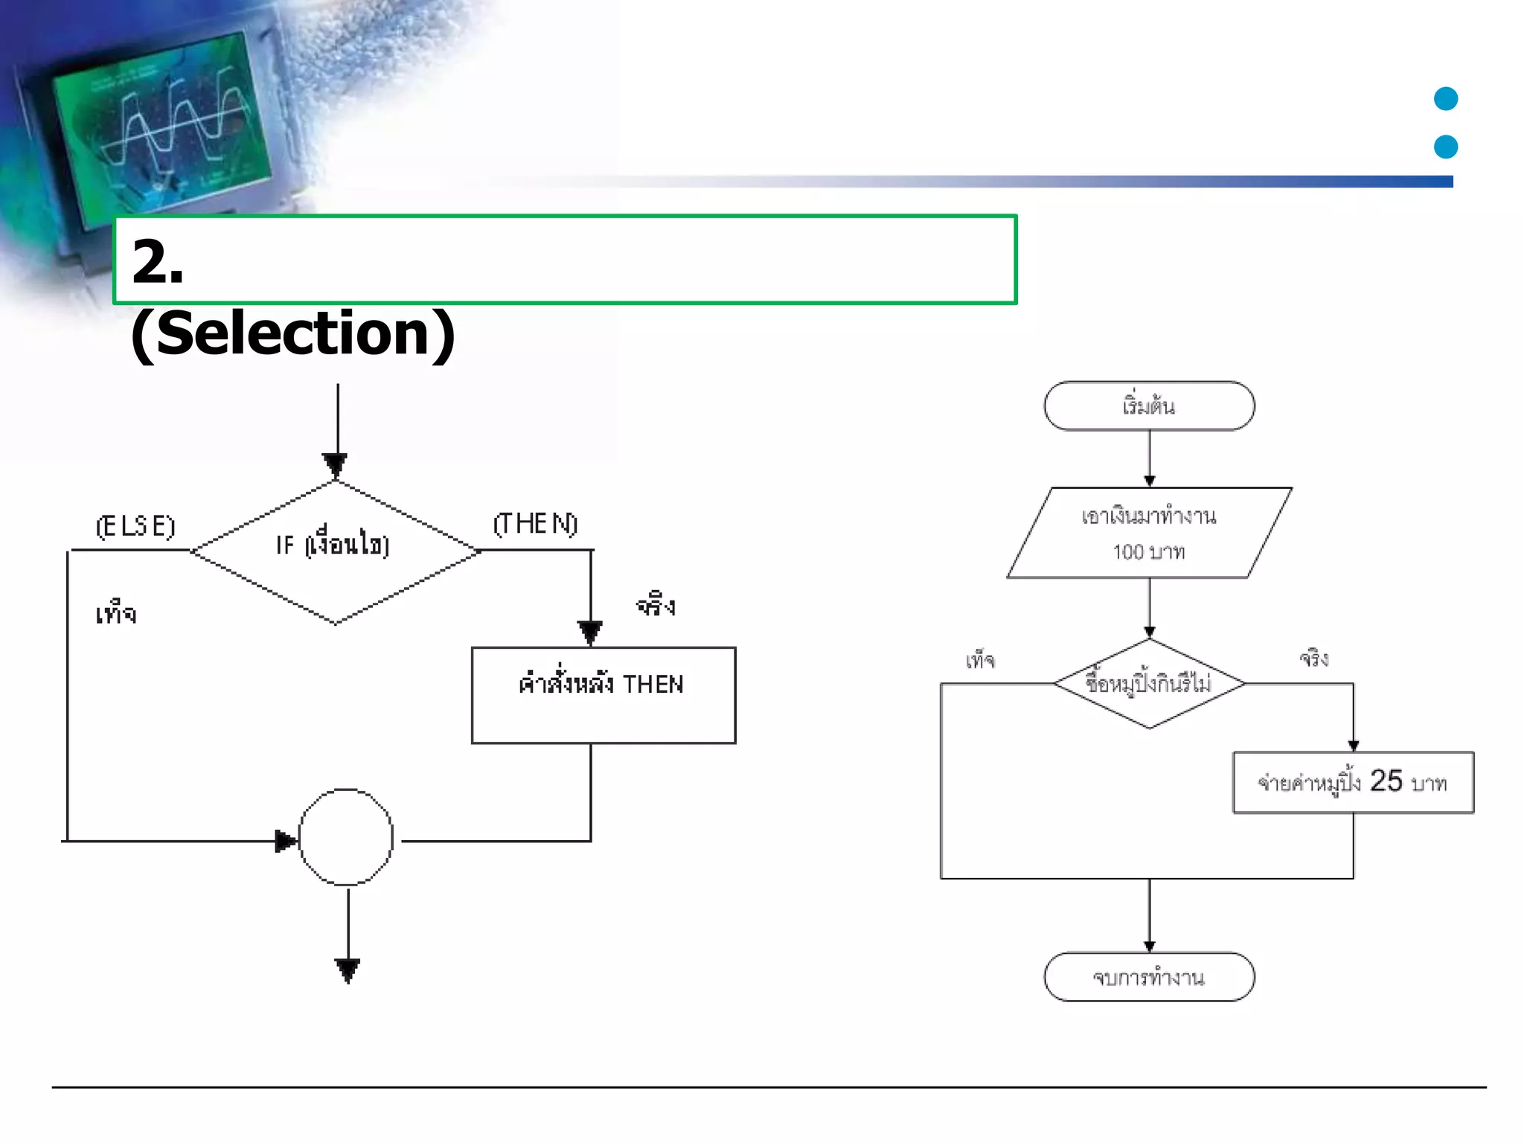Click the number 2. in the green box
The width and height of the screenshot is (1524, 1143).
click(x=158, y=262)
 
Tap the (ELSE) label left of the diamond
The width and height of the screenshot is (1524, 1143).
click(x=135, y=526)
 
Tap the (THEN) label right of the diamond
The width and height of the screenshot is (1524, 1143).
click(x=535, y=524)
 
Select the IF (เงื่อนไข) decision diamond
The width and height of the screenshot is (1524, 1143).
click(x=335, y=551)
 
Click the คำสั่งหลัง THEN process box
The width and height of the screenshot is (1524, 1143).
click(x=603, y=694)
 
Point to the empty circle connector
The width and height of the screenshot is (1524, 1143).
click(x=346, y=837)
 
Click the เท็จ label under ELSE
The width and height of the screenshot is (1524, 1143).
click(x=116, y=615)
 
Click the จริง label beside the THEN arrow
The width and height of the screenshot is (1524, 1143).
click(x=656, y=606)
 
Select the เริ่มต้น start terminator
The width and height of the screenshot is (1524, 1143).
click(x=1149, y=406)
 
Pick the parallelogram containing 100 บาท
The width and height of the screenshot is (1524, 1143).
click(x=1149, y=534)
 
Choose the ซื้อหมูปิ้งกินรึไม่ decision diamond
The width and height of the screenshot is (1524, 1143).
click(x=1149, y=683)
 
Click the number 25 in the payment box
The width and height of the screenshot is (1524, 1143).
click(x=1386, y=781)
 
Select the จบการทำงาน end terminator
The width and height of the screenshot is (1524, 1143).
click(x=1149, y=977)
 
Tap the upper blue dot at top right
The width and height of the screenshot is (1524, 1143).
click(x=1445, y=99)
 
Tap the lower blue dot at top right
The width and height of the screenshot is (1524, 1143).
click(x=1445, y=147)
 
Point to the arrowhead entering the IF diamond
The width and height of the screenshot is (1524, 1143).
click(x=336, y=464)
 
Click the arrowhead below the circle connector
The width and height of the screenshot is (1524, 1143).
click(x=348, y=970)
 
